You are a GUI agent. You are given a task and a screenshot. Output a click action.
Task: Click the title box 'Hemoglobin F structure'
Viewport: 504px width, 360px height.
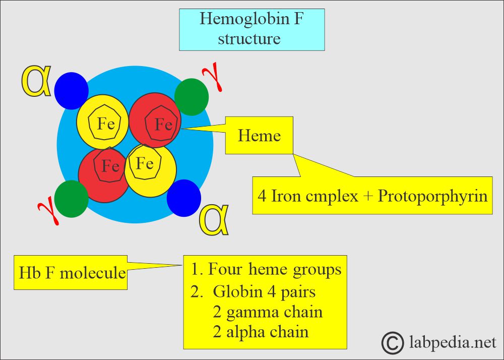coord(251,29)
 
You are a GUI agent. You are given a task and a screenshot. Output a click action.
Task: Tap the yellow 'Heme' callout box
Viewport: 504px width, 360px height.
coord(259,135)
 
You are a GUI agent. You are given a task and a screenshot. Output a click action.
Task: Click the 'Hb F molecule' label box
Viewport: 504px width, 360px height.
coord(71,273)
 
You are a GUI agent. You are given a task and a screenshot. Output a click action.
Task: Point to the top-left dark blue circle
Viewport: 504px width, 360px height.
coord(72,89)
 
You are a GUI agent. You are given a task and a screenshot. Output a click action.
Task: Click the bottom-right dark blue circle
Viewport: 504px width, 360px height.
coord(184,197)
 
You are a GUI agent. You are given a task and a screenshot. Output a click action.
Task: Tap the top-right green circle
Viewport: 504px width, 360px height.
coord(192,96)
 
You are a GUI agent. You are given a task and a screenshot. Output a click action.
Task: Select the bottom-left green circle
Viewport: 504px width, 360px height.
coord(72,199)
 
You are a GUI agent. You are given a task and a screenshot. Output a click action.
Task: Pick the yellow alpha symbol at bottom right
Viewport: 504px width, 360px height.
coord(215,220)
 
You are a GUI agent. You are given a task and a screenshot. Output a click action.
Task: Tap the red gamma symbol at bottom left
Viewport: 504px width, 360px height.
coord(49,210)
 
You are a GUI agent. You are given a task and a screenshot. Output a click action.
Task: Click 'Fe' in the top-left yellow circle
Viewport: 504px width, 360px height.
coord(105,124)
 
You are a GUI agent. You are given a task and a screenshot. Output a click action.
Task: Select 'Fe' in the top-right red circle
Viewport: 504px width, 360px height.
coord(163,124)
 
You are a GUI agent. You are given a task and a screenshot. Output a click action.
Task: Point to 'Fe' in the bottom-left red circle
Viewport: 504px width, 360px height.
coord(110,165)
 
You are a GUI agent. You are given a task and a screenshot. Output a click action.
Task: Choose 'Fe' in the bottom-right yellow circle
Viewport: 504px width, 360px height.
coord(145,163)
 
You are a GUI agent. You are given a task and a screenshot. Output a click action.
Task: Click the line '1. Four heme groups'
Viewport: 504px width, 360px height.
coord(266,269)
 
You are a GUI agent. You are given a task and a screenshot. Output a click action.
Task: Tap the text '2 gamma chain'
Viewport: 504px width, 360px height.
coord(267,312)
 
